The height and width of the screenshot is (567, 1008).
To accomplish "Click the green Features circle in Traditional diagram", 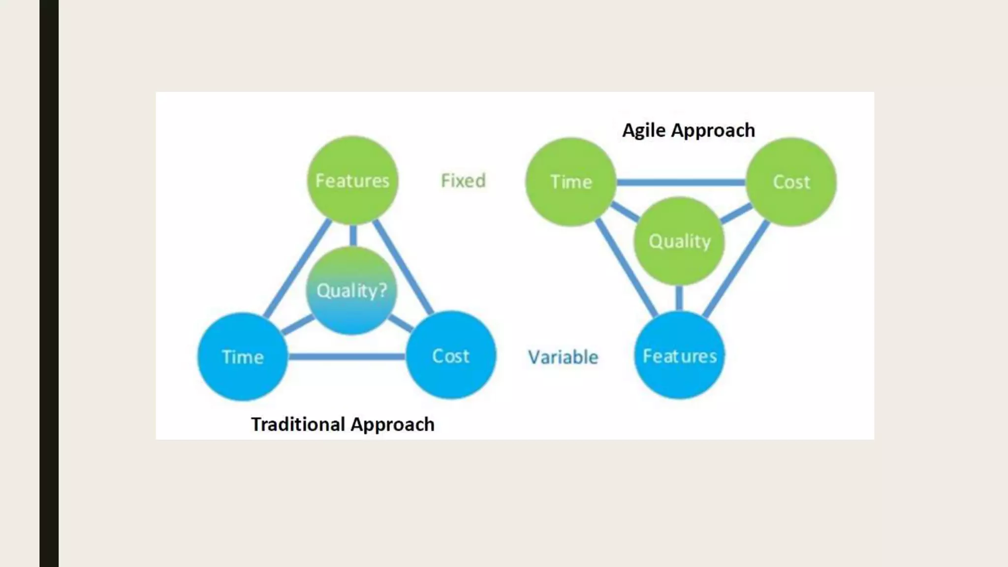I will pos(352,180).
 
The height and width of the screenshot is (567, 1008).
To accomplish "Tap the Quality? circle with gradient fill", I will pos(351,290).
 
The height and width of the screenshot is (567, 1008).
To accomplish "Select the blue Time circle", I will pos(243,356).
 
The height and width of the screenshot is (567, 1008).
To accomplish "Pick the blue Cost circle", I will pos(450,355).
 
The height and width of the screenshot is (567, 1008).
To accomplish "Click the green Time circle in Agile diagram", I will pos(571,182).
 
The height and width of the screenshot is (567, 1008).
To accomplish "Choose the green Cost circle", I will pos(791,182).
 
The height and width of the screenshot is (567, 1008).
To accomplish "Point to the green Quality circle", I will pos(679,241).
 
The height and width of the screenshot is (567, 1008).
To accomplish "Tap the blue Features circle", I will pos(679,355).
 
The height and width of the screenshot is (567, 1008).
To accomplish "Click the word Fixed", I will pos(463,181).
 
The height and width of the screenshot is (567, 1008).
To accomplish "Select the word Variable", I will pos(563,357).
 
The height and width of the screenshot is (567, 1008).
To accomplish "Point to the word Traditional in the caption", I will pos(298,424).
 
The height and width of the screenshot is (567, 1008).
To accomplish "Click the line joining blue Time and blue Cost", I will pos(346,356).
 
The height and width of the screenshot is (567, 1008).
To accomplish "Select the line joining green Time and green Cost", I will pos(681,182).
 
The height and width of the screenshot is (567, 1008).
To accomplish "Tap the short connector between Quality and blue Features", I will pos(679,298).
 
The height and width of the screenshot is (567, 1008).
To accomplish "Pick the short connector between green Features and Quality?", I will pos(353,236).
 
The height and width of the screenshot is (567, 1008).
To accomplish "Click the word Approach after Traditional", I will pos(392,424).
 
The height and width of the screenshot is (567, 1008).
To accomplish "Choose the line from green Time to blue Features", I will pos(626,269).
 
